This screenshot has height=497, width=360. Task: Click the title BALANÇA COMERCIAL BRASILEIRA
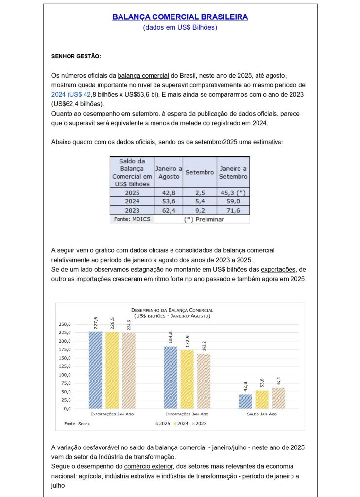pyautogui.click(x=180, y=17)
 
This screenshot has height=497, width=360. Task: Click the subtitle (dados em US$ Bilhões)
pyautogui.click(x=180, y=28)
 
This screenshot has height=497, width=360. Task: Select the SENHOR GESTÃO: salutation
pyautogui.click(x=76, y=56)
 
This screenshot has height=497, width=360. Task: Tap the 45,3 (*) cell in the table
pyautogui.click(x=233, y=192)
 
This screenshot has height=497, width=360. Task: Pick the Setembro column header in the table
pyautogui.click(x=200, y=172)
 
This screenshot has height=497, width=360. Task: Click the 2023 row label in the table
pyautogui.click(x=132, y=211)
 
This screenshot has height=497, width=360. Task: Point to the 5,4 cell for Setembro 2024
pyautogui.click(x=200, y=201)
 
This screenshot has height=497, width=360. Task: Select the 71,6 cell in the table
pyautogui.click(x=233, y=211)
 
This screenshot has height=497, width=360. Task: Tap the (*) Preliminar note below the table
pyautogui.click(x=204, y=219)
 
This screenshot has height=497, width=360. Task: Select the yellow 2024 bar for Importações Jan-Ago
pyautogui.click(x=187, y=379)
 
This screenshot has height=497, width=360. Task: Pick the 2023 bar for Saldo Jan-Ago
pyautogui.click(x=278, y=398)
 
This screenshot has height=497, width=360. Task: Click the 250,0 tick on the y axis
pyautogui.click(x=65, y=324)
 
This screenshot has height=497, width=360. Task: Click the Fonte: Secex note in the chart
pyautogui.click(x=77, y=424)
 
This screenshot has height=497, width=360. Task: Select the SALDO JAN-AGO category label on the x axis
pyautogui.click(x=262, y=414)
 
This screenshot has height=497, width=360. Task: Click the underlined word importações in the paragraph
pyautogui.click(x=94, y=280)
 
